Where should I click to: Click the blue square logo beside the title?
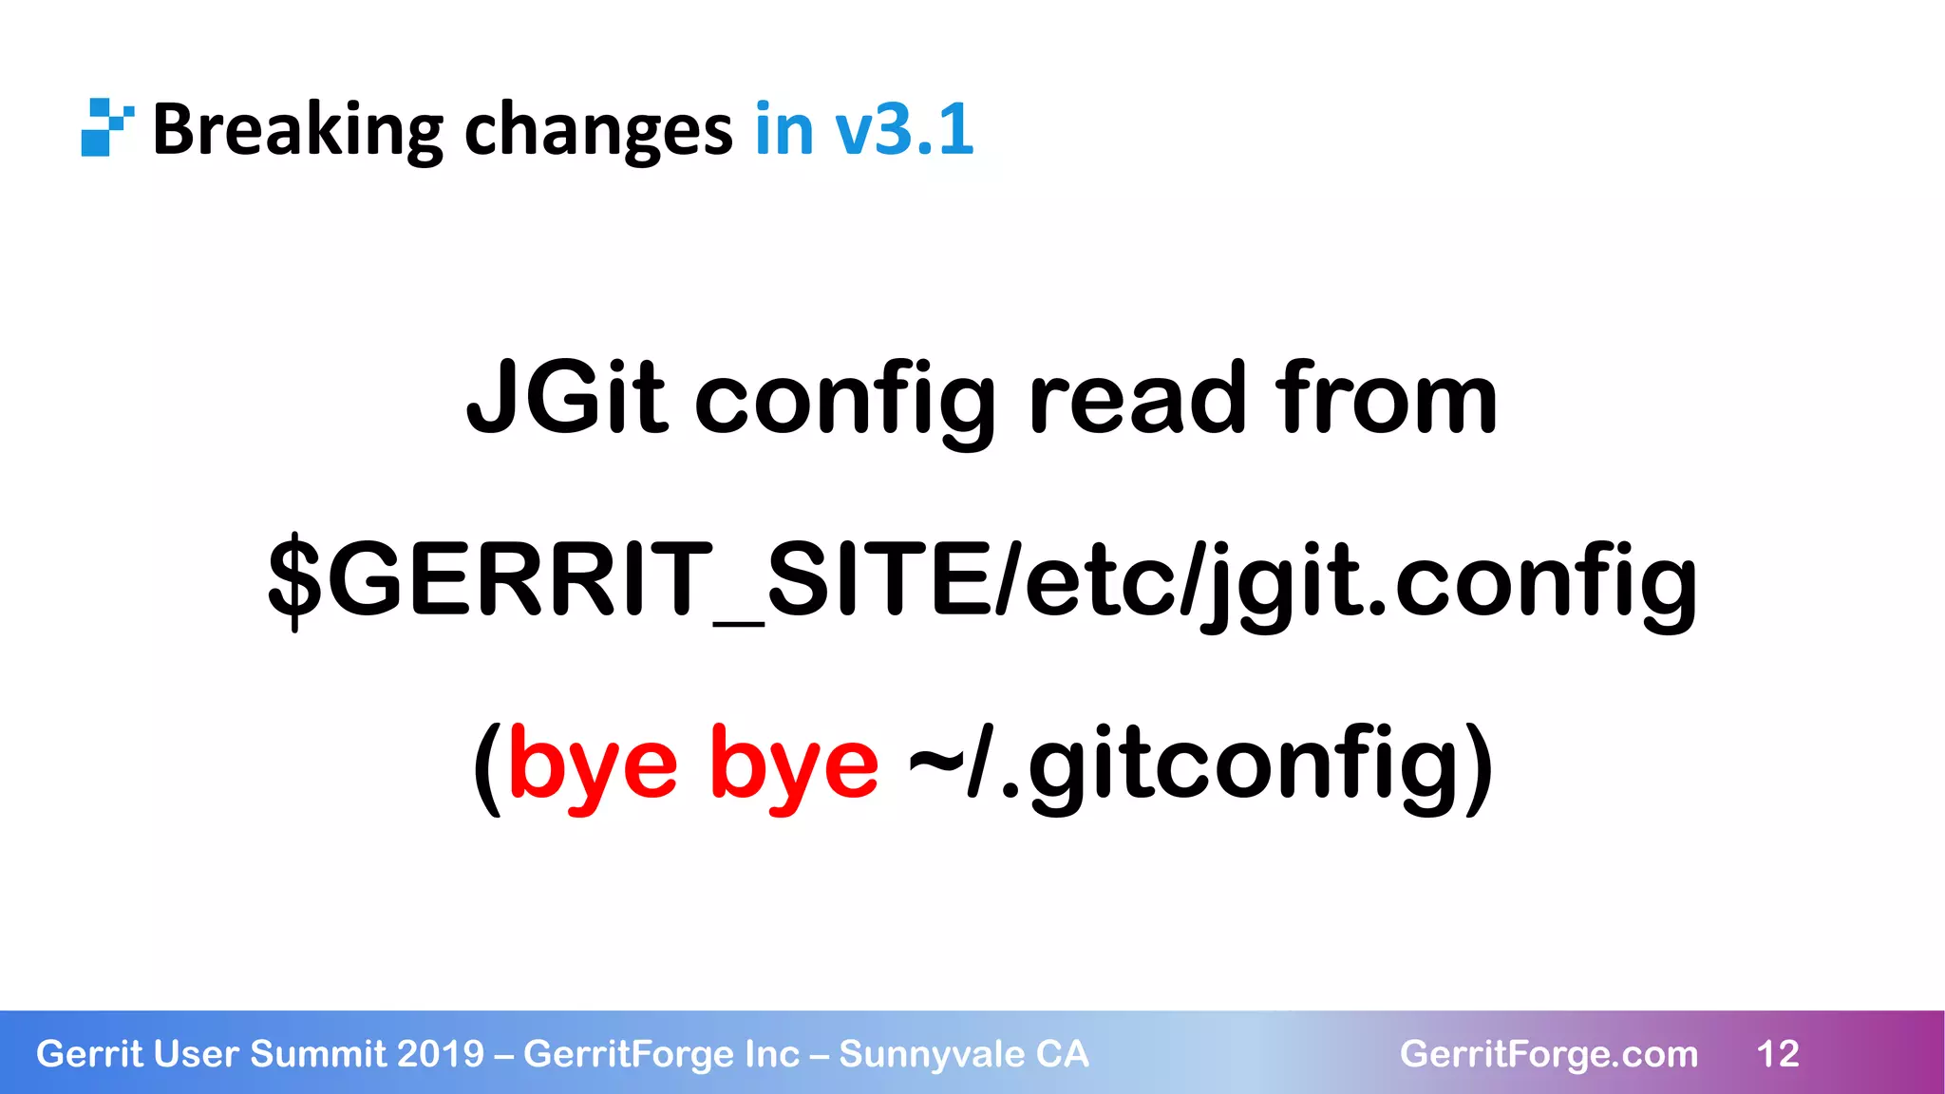coord(105,127)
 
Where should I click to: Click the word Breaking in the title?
coord(297,129)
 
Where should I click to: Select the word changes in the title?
coord(597,129)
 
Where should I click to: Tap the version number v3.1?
coord(904,129)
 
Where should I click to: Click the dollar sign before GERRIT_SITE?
coord(295,579)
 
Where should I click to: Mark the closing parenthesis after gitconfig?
coord(1478,764)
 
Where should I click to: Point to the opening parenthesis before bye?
coord(487,764)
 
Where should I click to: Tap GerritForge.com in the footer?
coord(1548,1054)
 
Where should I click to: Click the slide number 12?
coord(1778,1054)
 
